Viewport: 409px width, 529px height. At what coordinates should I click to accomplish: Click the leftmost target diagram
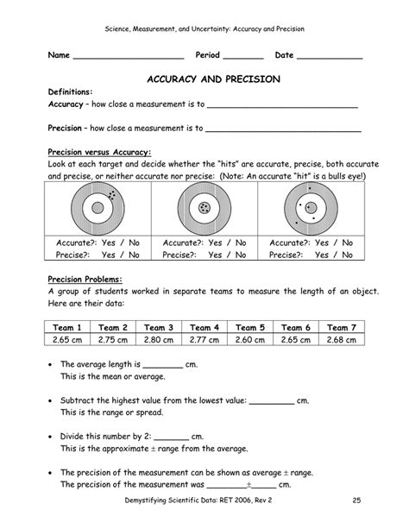(x=99, y=209)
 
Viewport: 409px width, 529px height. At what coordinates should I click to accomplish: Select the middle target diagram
(x=204, y=209)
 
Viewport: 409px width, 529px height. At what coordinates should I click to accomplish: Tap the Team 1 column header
(x=66, y=328)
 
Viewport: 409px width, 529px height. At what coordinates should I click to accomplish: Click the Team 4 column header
(x=204, y=328)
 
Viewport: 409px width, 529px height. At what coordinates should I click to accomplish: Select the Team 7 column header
(x=341, y=328)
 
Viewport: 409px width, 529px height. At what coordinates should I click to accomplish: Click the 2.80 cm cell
(x=158, y=342)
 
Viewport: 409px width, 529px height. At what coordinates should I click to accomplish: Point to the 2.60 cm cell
(x=249, y=342)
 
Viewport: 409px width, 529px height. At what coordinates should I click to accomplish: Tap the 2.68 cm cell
(x=341, y=342)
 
